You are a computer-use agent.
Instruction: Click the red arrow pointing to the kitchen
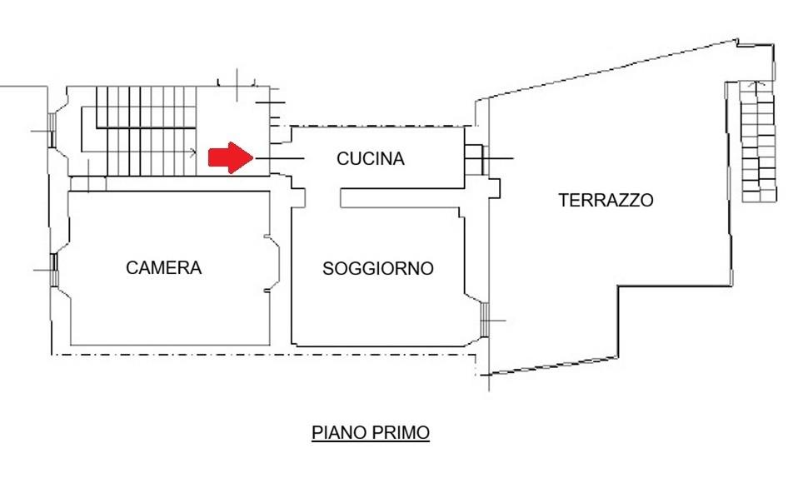pos(231,157)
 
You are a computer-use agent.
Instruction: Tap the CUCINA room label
pos(371,158)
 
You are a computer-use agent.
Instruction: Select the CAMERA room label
pos(163,268)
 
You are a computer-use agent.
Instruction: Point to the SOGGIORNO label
pos(377,268)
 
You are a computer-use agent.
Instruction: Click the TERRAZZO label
pos(606,200)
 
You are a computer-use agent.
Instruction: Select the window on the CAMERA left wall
pos(54,269)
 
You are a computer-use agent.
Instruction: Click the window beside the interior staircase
pos(52,131)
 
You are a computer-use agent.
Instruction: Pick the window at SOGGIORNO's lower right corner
pos(485,321)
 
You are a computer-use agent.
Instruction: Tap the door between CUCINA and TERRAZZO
pos(475,158)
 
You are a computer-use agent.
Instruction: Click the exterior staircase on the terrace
pos(758,141)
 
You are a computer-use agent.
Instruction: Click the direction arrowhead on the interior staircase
pos(194,152)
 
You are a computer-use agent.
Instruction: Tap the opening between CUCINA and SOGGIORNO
pos(323,198)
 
